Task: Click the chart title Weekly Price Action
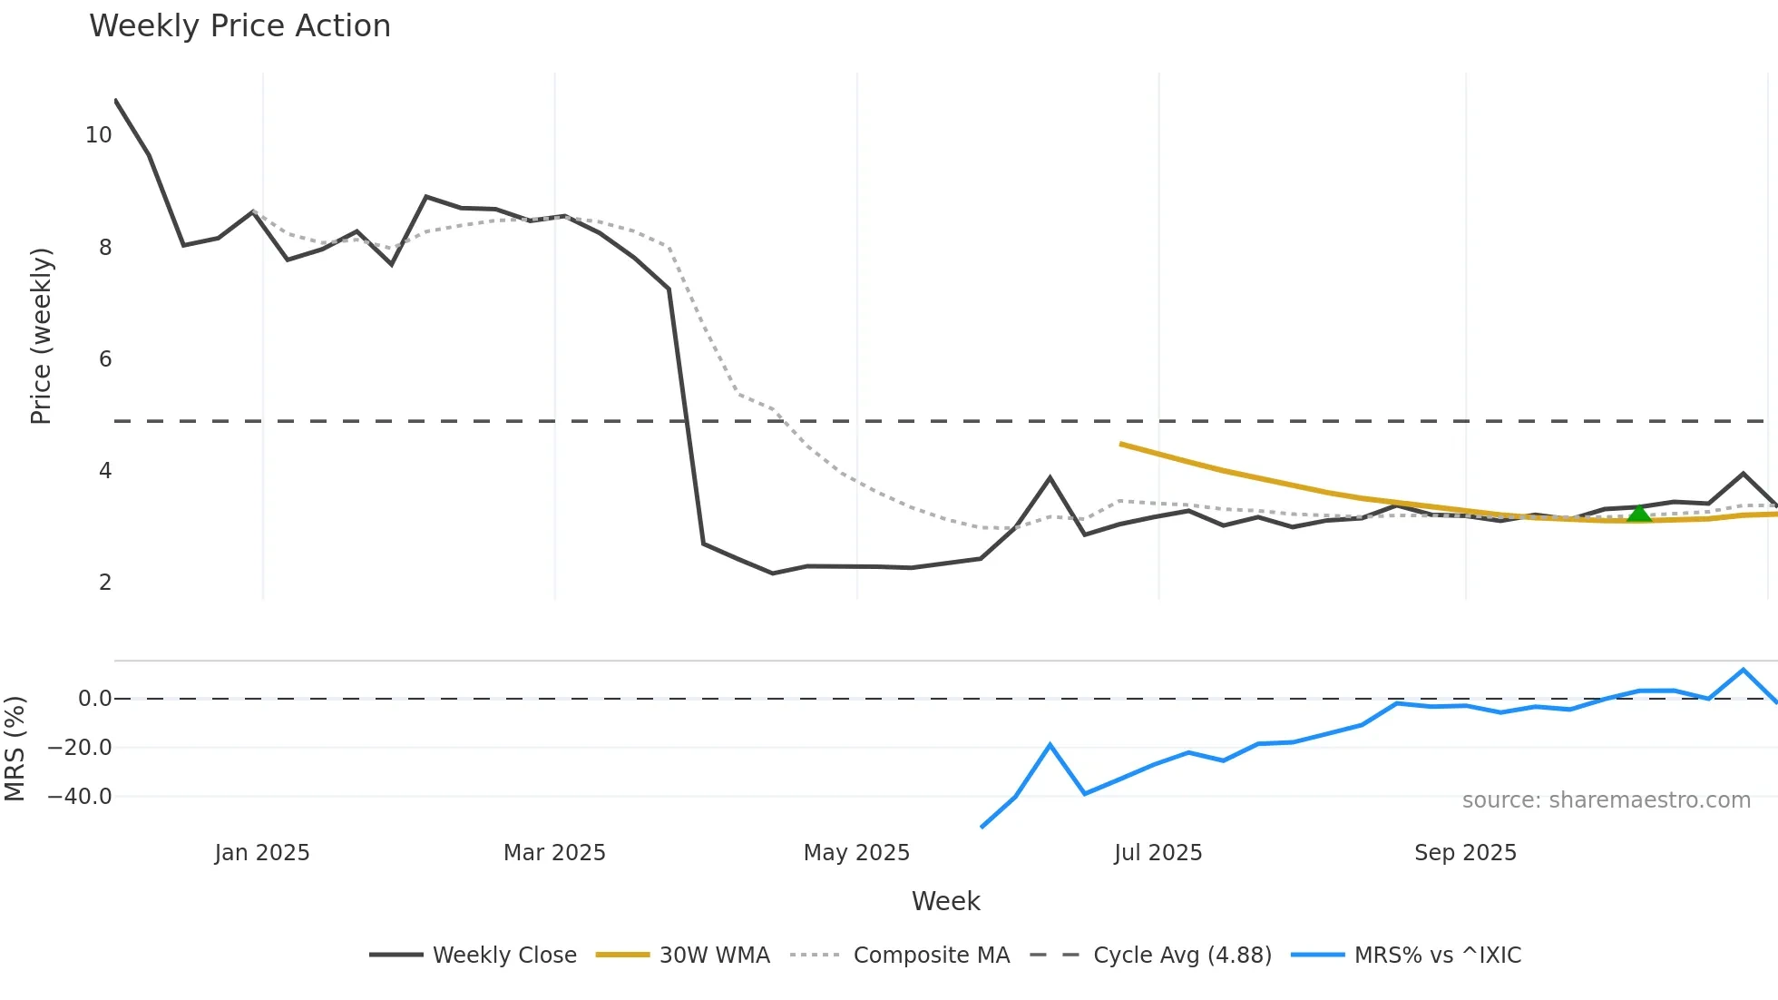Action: (x=239, y=26)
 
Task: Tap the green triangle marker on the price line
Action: (x=1638, y=515)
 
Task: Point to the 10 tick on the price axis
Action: (x=98, y=135)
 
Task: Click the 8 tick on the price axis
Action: (x=105, y=247)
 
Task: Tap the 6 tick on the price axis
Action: (x=105, y=359)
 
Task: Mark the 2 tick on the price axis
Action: (x=105, y=583)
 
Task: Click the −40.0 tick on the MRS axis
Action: (x=80, y=797)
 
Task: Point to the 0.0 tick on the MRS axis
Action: (x=94, y=699)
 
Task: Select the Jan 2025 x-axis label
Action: (x=262, y=853)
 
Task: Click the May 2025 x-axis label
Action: (x=856, y=853)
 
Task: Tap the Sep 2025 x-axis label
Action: (x=1465, y=853)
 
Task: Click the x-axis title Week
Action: (x=945, y=901)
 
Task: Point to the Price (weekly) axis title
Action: (x=42, y=336)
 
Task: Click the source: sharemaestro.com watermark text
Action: (x=1606, y=800)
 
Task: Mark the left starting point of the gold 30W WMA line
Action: (x=1122, y=444)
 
